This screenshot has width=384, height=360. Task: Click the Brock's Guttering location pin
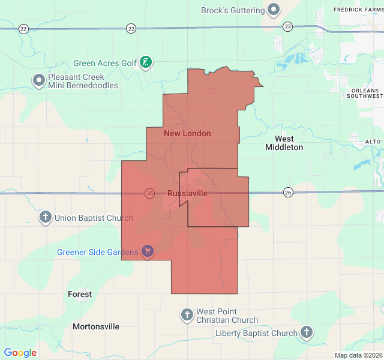(x=274, y=10)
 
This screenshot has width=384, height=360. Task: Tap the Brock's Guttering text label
(x=233, y=10)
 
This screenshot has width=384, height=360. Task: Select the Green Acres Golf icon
(x=146, y=62)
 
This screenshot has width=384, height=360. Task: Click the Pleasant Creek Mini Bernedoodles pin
(x=39, y=80)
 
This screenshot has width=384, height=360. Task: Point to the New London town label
(x=187, y=133)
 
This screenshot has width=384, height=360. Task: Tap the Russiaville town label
(x=188, y=193)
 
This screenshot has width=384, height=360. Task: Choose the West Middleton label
(x=284, y=143)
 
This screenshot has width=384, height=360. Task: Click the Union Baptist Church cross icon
(x=46, y=217)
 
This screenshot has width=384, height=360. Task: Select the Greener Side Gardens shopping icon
(x=147, y=251)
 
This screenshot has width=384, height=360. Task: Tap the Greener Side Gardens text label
(x=98, y=252)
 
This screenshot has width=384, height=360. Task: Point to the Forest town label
(x=80, y=294)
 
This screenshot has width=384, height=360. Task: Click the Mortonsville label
(x=96, y=326)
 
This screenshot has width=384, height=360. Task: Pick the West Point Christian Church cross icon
(x=187, y=314)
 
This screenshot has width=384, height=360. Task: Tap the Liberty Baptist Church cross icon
(x=307, y=332)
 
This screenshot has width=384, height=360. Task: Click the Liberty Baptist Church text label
(x=256, y=333)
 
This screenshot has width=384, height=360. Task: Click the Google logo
(x=20, y=353)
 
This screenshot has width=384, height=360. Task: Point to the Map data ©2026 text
(x=358, y=355)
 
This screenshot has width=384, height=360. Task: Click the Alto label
(x=373, y=142)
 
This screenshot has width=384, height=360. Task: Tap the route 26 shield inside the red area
(x=149, y=193)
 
